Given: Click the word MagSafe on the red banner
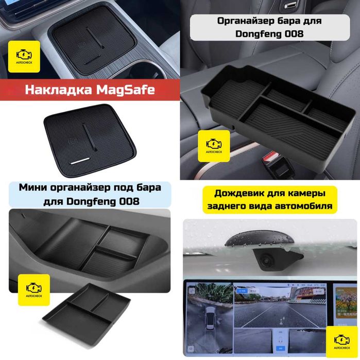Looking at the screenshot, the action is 125,90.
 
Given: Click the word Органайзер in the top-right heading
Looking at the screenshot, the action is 246,21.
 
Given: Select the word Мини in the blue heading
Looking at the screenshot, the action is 33,187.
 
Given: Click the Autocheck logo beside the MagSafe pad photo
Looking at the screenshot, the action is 24,57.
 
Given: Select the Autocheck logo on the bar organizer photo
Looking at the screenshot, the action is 214,146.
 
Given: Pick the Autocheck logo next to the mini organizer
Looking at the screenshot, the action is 34,290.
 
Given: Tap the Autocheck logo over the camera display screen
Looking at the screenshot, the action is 342,341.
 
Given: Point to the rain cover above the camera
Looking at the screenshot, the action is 260,239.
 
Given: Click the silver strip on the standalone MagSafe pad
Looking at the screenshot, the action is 80,161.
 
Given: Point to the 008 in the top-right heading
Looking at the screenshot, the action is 294,34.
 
